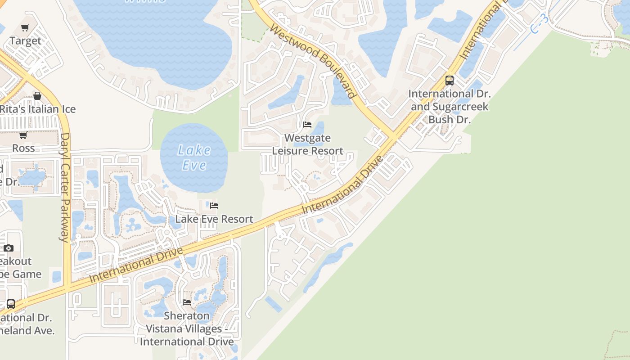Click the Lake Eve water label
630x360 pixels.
click(194, 157)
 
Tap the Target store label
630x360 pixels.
click(25, 41)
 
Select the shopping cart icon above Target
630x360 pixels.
click(25, 28)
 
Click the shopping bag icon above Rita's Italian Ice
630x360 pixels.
click(37, 96)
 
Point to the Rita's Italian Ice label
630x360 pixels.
click(37, 109)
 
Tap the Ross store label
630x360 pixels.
click(23, 148)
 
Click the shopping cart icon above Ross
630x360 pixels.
click(23, 135)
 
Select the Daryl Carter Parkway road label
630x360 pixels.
click(65, 187)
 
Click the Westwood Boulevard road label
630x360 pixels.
click(314, 61)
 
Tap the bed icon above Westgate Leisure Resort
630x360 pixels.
click(307, 125)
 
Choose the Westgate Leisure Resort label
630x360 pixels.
click(308, 144)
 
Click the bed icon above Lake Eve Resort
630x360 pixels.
click(214, 206)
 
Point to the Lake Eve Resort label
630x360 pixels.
click(214, 219)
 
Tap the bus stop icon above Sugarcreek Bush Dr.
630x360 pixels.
click(449, 81)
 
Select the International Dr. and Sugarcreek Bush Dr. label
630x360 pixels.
click(450, 107)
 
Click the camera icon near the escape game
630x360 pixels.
click(9, 248)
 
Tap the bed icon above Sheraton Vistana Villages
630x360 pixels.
click(187, 302)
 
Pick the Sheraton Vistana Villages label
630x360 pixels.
click(187, 328)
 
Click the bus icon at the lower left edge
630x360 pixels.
click(11, 304)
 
